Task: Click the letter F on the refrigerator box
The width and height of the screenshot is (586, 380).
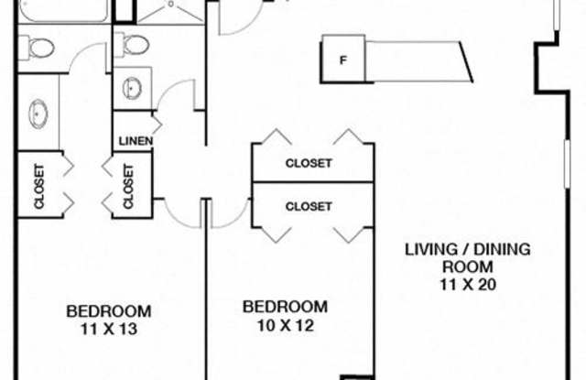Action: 342,60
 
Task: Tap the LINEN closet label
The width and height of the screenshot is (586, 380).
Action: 136,141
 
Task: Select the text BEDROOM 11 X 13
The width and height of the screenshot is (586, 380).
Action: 109,320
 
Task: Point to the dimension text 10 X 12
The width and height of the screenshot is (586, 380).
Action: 286,325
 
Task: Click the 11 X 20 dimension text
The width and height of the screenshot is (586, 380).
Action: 468,285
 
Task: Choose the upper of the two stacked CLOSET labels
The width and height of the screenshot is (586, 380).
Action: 309,163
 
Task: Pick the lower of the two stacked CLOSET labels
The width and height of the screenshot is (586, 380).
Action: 309,207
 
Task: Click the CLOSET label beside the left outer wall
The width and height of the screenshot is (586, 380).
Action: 39,187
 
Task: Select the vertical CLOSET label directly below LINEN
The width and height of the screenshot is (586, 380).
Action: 128,187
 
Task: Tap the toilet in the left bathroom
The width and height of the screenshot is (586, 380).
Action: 38,48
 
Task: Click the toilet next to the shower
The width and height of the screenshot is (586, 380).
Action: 132,45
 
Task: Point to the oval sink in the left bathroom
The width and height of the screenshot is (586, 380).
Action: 38,114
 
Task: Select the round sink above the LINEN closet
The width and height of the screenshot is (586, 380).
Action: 132,88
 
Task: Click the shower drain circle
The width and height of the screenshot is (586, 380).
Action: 171,5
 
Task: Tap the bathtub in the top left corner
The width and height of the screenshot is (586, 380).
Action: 64,10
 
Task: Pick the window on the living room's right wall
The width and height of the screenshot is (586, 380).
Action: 567,164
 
